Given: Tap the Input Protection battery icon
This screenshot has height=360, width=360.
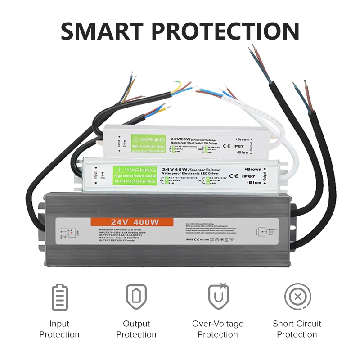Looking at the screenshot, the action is (59, 297).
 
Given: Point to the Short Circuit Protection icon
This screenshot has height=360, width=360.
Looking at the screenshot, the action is (297, 297).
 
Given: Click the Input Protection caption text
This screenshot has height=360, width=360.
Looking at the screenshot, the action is (59, 329).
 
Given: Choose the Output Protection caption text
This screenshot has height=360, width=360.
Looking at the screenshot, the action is (136, 329).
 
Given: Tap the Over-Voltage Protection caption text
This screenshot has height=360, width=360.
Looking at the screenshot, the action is (218, 329).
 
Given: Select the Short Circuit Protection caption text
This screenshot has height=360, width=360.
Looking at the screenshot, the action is (297, 329).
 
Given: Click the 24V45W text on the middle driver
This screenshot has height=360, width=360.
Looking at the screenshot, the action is (176, 169).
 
